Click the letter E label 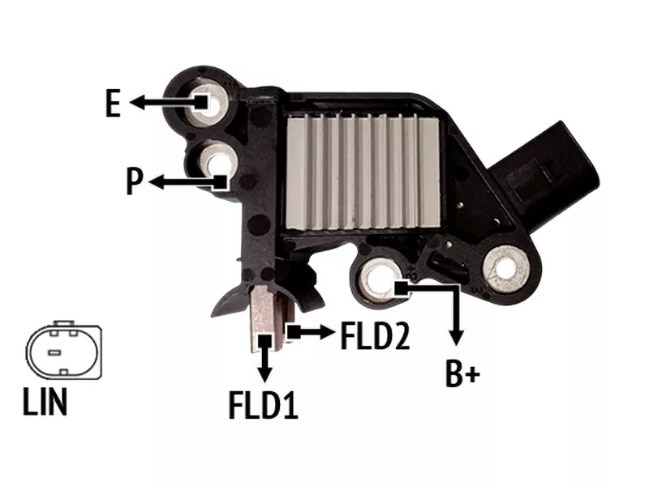point(113,103)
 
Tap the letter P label point(134,181)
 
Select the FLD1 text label point(263,406)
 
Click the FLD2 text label point(375,336)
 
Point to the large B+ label point(462,374)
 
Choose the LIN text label point(45,401)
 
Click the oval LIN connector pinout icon point(64,351)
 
